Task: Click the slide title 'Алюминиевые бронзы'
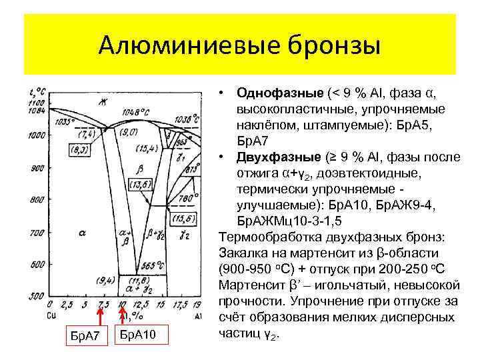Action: [x=239, y=46]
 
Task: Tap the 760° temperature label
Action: [x=188, y=197]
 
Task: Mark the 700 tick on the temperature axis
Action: [x=36, y=233]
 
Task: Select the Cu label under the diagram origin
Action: [x=43, y=313]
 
